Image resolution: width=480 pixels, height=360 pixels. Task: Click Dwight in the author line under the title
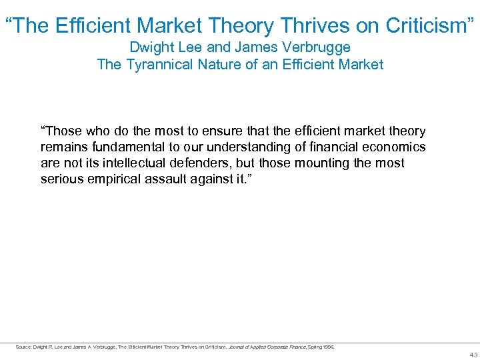pyautogui.click(x=150, y=47)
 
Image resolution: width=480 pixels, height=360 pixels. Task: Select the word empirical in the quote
pyautogui.click(x=109, y=179)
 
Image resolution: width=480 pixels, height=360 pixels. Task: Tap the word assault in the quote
pyautogui.click(x=159, y=179)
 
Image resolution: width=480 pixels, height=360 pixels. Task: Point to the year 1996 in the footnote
pyautogui.click(x=329, y=347)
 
